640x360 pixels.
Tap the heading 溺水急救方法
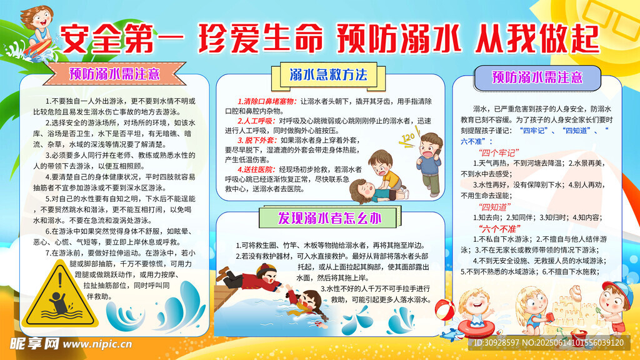point(328,76)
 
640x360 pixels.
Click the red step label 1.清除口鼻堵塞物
point(267,101)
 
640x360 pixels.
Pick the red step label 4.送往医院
point(257,169)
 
